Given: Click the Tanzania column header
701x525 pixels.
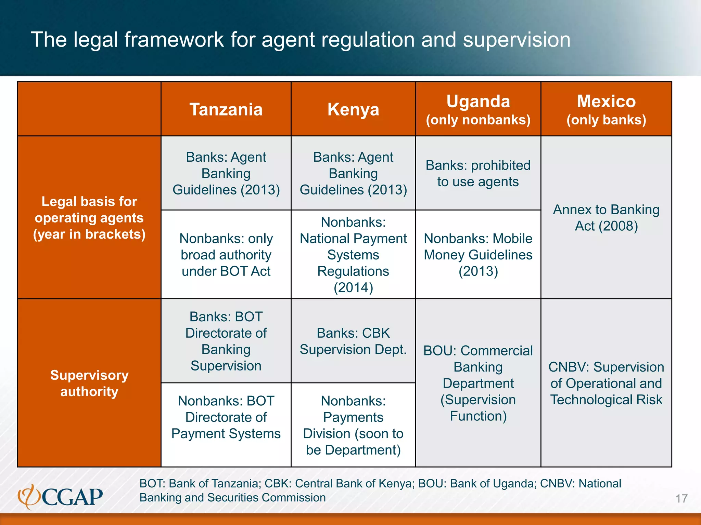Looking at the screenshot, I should (x=226, y=109).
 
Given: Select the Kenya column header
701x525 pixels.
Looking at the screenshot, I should (x=353, y=109).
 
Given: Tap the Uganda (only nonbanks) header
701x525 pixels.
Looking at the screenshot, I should (x=478, y=109).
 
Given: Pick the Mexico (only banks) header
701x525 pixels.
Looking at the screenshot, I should (x=606, y=109).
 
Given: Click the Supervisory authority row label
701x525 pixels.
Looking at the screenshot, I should (x=89, y=383).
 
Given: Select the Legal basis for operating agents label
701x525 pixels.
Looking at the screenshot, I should (x=89, y=218).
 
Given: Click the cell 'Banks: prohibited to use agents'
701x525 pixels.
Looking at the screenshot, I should (x=478, y=173).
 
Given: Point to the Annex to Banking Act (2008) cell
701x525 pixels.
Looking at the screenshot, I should (x=606, y=218).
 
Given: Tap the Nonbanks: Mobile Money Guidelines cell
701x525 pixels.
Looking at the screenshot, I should (x=478, y=255).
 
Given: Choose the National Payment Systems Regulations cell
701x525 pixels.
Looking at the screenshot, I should (x=353, y=255).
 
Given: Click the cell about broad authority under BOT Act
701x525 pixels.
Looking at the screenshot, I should (x=226, y=255).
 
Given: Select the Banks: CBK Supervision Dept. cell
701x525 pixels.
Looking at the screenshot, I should (x=353, y=341).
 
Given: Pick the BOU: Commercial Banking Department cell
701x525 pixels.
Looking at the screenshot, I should (x=478, y=383).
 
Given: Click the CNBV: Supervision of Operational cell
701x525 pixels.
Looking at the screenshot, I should (x=606, y=383).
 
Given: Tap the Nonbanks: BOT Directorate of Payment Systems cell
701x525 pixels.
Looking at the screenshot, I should (x=226, y=417).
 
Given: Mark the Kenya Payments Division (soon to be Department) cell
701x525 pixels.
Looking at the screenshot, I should (x=353, y=425).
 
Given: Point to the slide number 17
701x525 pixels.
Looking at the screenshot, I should (x=681, y=499).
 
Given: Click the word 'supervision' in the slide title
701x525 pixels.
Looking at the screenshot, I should (x=517, y=40).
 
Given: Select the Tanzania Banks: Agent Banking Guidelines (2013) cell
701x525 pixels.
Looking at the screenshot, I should (x=226, y=173).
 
